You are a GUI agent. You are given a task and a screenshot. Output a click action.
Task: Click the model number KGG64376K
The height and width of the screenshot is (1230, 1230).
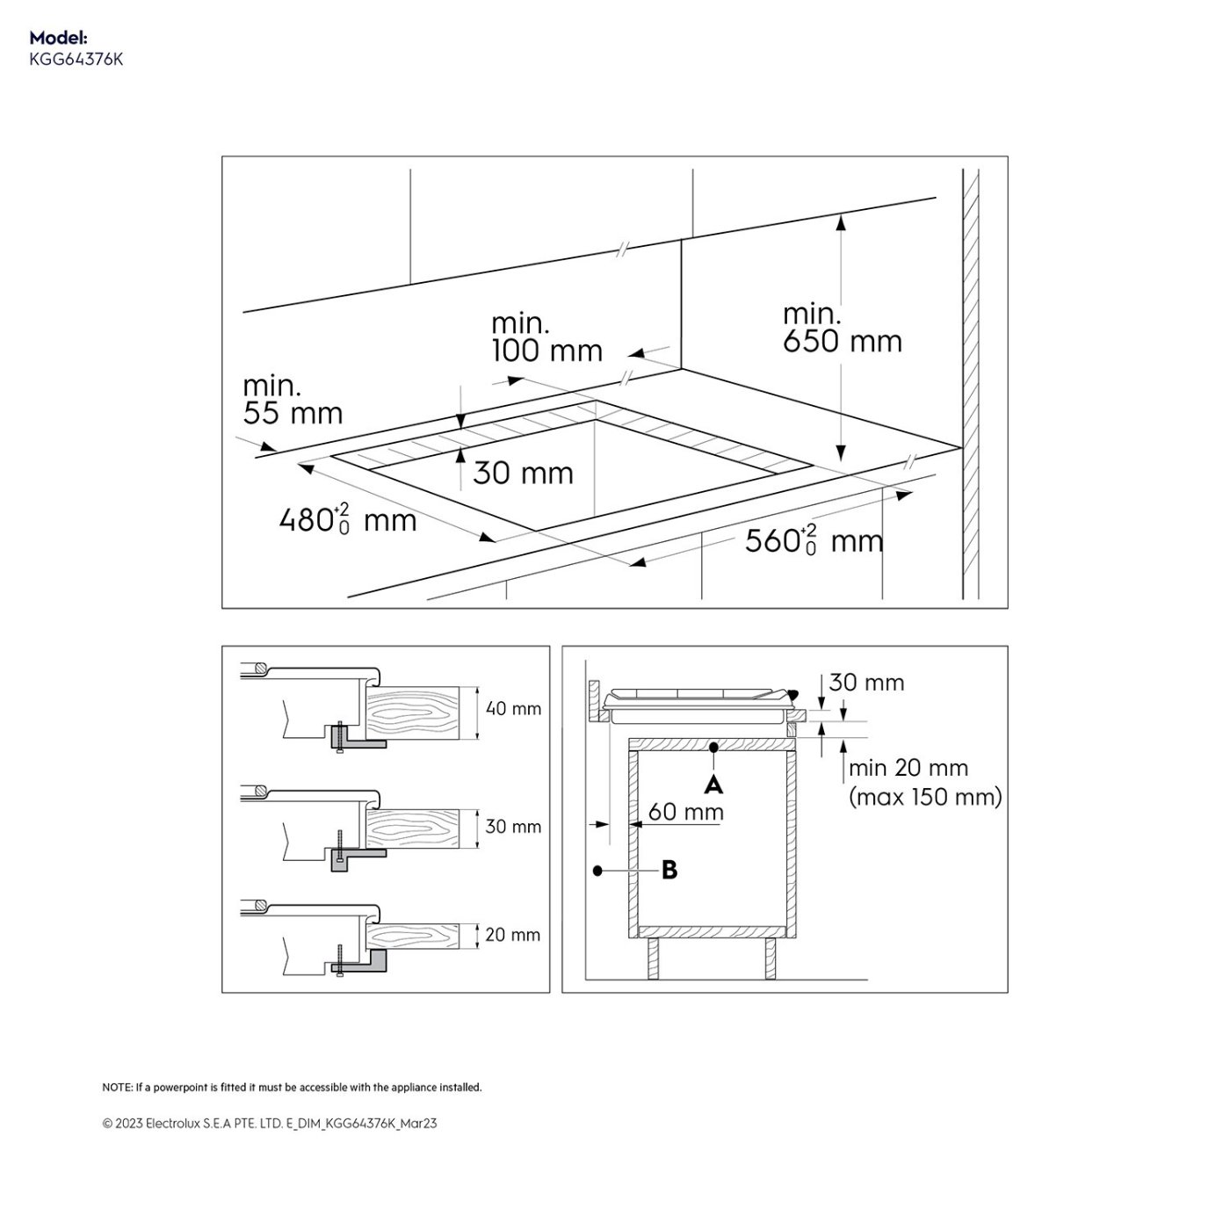pyautogui.click(x=76, y=60)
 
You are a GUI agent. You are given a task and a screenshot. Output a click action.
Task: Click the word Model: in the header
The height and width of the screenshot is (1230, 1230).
pyautogui.click(x=59, y=38)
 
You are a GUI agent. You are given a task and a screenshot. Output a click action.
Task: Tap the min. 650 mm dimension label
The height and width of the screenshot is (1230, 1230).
pyautogui.click(x=842, y=328)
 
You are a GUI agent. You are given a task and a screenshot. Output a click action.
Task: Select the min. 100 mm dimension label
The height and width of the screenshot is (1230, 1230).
pyautogui.click(x=547, y=337)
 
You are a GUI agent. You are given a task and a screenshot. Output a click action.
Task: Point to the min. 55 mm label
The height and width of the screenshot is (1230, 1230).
pyautogui.click(x=293, y=401)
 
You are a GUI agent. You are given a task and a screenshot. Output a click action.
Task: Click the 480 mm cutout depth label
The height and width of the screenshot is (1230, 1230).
pyautogui.click(x=348, y=519)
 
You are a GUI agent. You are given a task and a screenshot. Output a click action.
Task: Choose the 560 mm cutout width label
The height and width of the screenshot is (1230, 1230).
pyautogui.click(x=814, y=540)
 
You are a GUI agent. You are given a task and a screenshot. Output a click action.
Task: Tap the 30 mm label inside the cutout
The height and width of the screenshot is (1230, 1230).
pyautogui.click(x=524, y=473)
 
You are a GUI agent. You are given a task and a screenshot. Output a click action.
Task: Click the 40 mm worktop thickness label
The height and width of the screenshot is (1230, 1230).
pyautogui.click(x=513, y=708)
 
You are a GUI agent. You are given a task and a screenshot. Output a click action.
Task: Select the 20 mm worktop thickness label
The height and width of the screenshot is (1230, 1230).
pyautogui.click(x=512, y=935)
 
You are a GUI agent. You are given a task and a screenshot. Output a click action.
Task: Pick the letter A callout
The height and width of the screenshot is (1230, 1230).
pyautogui.click(x=713, y=785)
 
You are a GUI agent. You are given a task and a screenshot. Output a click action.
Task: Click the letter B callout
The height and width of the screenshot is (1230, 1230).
pyautogui.click(x=669, y=870)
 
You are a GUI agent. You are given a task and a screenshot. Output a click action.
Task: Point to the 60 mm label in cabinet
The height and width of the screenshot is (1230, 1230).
pyautogui.click(x=686, y=813)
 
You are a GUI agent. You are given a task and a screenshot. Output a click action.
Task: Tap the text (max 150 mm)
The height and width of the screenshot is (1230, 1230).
pyautogui.click(x=925, y=797)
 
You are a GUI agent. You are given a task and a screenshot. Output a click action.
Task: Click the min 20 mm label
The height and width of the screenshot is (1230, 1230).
pyautogui.click(x=908, y=768)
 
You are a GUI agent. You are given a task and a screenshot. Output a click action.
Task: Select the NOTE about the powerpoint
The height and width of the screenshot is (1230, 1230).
pyautogui.click(x=292, y=1087)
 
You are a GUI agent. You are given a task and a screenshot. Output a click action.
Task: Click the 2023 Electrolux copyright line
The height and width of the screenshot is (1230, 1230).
pyautogui.click(x=270, y=1124)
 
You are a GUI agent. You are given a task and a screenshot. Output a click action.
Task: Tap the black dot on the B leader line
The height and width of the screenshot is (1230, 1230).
pyautogui.click(x=597, y=871)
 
